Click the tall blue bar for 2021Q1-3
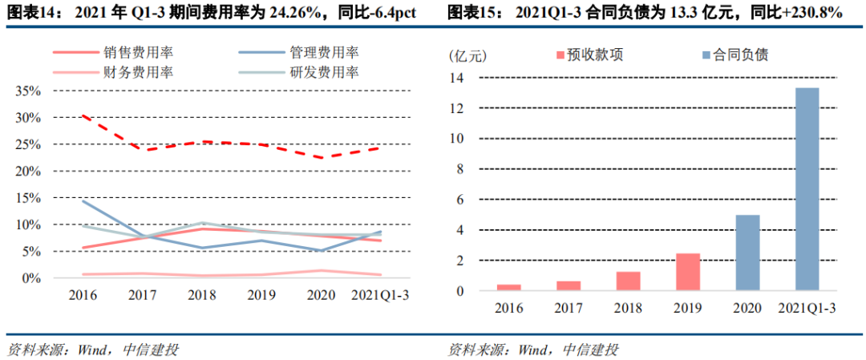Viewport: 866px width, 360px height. click(x=807, y=189)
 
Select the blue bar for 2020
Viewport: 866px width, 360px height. click(x=747, y=253)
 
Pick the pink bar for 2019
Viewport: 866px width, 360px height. click(x=688, y=272)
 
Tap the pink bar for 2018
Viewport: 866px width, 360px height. click(x=628, y=281)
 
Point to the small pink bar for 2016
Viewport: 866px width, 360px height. click(x=508, y=287)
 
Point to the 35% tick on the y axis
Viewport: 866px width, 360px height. click(x=28, y=91)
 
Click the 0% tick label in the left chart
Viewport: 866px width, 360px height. click(x=31, y=278)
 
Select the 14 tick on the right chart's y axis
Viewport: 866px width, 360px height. click(x=457, y=77)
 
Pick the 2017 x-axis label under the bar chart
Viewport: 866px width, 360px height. click(x=569, y=308)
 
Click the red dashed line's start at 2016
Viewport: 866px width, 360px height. click(x=83, y=115)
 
